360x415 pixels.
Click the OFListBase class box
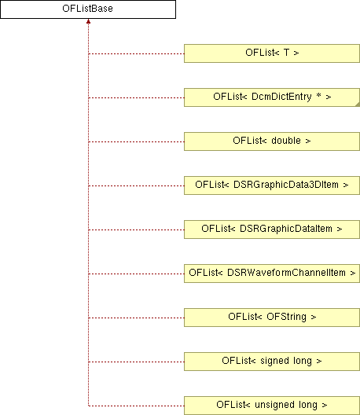(88, 9)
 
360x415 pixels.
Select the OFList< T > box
(272, 53)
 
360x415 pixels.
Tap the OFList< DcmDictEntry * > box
(272, 97)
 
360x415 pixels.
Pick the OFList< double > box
(272, 141)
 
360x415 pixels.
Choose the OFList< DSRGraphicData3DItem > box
(272, 185)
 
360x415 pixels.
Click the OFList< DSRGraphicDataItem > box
(272, 230)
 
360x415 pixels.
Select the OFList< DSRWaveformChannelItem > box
(272, 274)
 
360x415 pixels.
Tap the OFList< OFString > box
(272, 318)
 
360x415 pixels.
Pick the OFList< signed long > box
(272, 362)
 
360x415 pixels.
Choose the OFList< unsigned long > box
(272, 406)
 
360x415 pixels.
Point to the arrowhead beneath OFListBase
(88, 21)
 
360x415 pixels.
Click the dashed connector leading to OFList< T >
(136, 53)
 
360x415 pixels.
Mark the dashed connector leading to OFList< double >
(136, 141)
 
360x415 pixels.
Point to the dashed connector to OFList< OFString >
(136, 318)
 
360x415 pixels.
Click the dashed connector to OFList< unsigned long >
(136, 406)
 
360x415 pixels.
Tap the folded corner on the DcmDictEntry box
(358, 105)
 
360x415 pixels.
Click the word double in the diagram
(286, 140)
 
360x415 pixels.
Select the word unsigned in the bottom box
(273, 405)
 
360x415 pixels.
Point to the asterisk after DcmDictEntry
(318, 95)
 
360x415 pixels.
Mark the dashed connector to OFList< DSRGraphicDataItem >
(136, 230)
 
